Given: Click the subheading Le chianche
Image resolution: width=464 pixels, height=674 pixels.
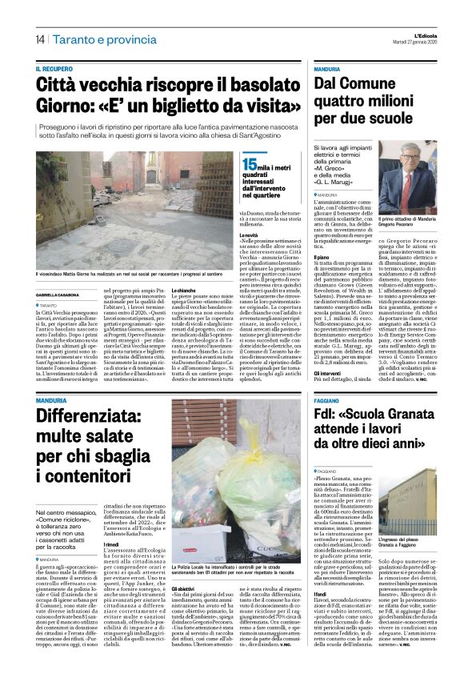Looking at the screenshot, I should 184,290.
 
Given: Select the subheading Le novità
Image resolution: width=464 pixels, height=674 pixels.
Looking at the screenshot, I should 250,235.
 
